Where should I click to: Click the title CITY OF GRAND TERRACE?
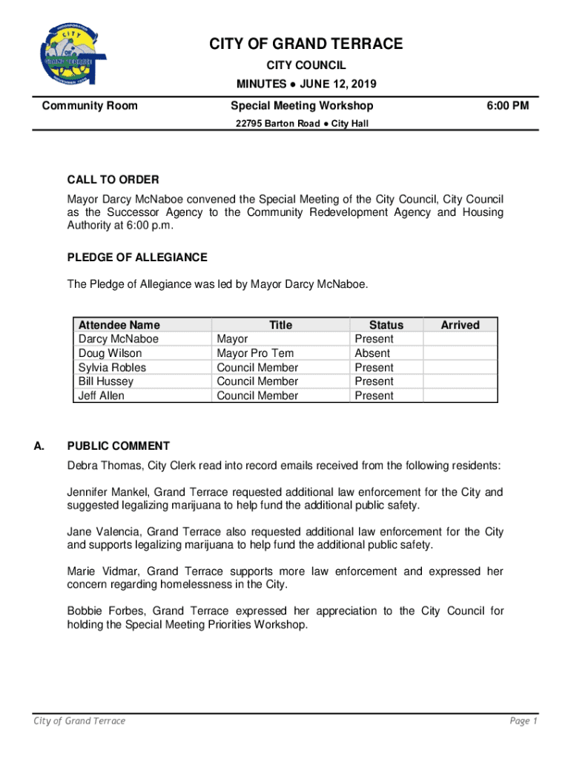[306, 45]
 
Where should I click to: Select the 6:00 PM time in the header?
[507, 106]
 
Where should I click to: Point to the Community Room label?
[90, 106]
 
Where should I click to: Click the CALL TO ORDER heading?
[113, 180]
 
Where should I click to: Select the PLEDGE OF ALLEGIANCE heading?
[137, 258]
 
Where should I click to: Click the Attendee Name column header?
[119, 325]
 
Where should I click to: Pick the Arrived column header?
[460, 325]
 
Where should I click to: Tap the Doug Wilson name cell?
[110, 353]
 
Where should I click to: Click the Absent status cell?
[372, 353]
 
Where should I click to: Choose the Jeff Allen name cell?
[102, 396]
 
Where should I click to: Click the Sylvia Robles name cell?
[112, 367]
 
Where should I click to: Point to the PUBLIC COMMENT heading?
[119, 446]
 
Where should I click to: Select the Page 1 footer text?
[523, 721]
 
